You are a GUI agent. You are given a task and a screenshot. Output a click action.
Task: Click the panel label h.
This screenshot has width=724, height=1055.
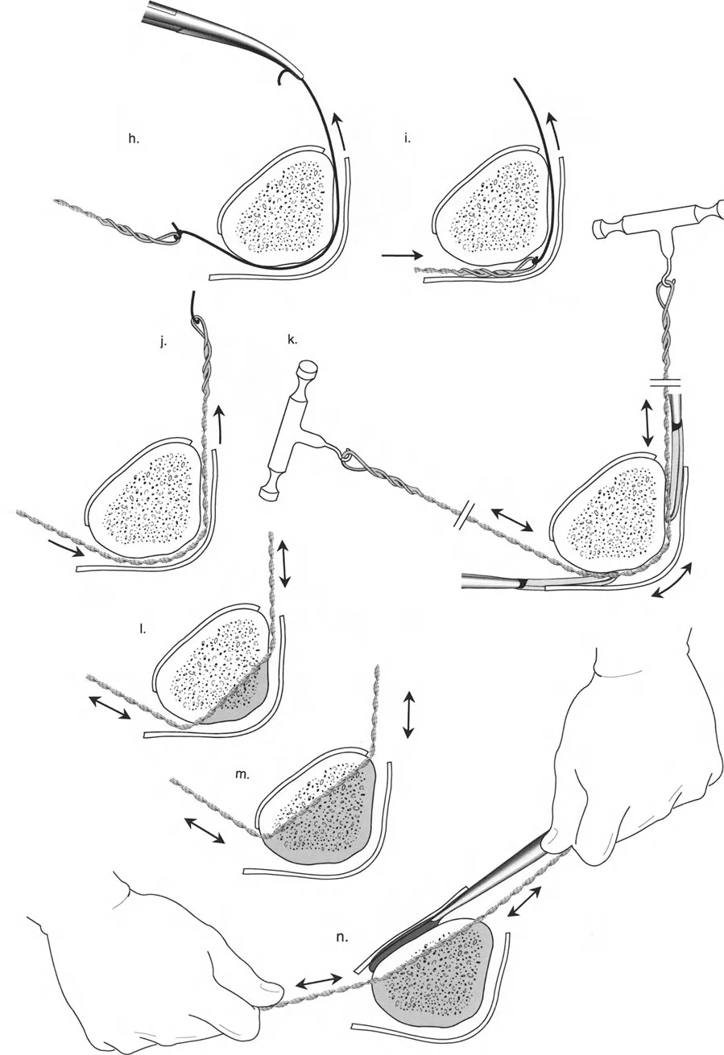coord(134,140)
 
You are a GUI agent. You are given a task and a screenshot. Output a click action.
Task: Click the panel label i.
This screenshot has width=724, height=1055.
coord(408,140)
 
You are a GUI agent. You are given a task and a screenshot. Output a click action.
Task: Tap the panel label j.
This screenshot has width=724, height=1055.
coord(163,344)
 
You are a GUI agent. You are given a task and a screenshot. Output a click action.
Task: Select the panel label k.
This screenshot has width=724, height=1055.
coord(292,340)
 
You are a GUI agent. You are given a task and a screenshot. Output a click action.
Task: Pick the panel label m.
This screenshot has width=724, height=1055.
coord(242,775)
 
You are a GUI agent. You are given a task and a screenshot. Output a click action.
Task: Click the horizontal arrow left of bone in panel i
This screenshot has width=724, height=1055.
coord(402,255)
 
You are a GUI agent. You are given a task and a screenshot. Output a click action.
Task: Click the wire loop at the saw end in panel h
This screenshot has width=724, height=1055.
coord(171,236)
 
